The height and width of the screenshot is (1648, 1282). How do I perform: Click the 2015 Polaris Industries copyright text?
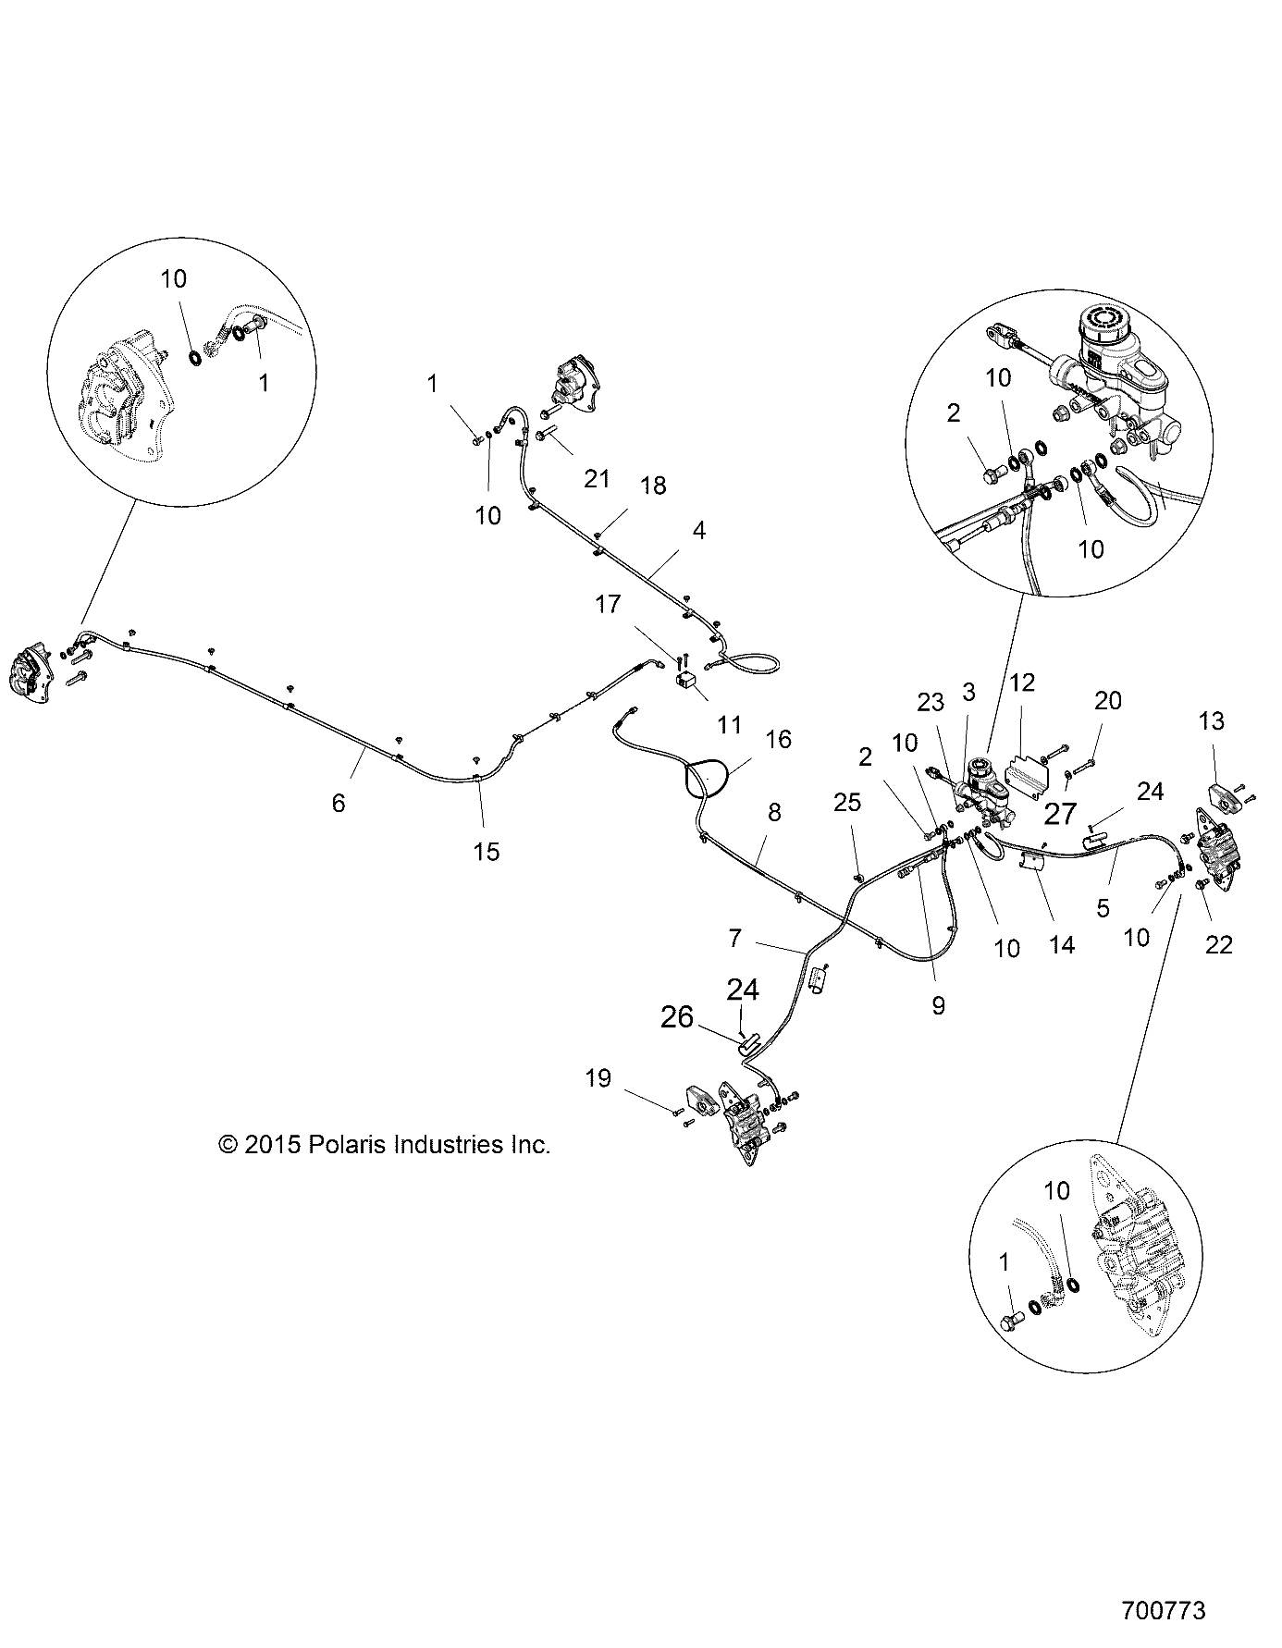click(384, 1144)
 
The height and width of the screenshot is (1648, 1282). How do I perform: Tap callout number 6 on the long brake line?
click(339, 803)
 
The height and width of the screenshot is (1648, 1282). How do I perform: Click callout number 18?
click(653, 485)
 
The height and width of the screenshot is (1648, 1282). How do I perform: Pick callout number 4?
click(699, 530)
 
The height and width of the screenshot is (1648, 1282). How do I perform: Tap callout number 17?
click(609, 605)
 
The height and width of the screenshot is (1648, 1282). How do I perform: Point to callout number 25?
click(847, 803)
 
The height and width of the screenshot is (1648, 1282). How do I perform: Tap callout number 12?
click(1022, 683)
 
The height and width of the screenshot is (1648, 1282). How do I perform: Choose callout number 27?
click(1060, 814)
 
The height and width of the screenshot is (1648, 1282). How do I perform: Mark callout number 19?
click(598, 1077)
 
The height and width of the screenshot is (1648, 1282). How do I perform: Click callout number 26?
click(677, 1017)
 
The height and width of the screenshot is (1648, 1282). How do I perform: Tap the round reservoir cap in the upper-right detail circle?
click(1102, 324)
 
